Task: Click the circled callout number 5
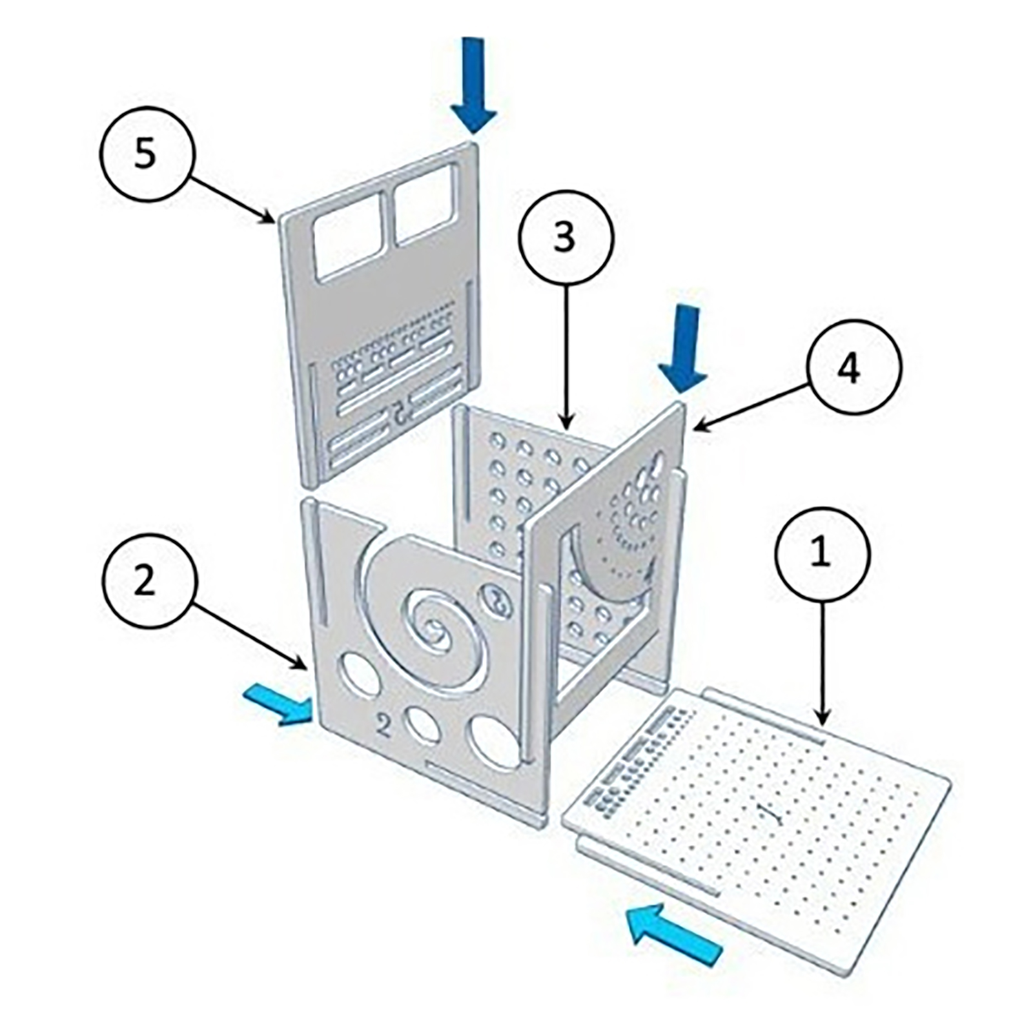pyautogui.click(x=147, y=155)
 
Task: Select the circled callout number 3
pyautogui.click(x=566, y=238)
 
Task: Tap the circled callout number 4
pyautogui.click(x=852, y=368)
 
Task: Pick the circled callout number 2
pyautogui.click(x=148, y=580)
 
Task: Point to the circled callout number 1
pyautogui.click(x=823, y=555)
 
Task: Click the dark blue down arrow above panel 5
pyautogui.click(x=474, y=84)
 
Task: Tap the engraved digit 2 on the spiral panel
pyautogui.click(x=384, y=726)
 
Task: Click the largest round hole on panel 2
pyautogui.click(x=496, y=742)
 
